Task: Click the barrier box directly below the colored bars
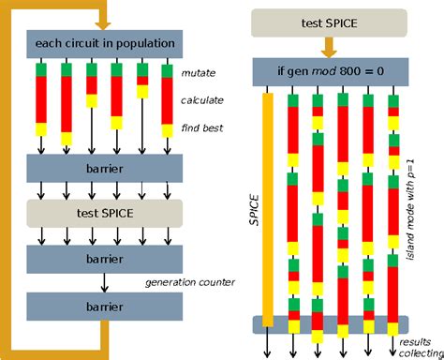[x=105, y=169]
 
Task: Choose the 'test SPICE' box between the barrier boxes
[x=105, y=213]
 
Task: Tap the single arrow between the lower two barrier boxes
[x=105, y=280]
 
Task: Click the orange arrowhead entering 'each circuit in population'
[x=105, y=22]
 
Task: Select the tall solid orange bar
[x=269, y=206]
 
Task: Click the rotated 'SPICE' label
[x=249, y=206]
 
